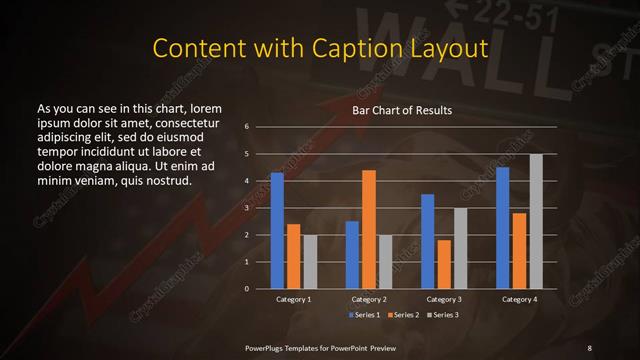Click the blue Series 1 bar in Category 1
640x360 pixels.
pyautogui.click(x=277, y=231)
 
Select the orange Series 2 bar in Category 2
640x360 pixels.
pyautogui.click(x=368, y=229)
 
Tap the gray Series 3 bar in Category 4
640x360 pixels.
pyautogui.click(x=536, y=221)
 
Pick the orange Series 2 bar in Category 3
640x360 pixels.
pyautogui.click(x=443, y=264)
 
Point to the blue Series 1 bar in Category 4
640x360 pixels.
pyautogui.click(x=502, y=228)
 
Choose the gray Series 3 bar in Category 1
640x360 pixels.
pyautogui.click(x=309, y=262)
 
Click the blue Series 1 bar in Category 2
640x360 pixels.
pyautogui.click(x=352, y=255)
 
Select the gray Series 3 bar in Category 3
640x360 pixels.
pyautogui.click(x=460, y=248)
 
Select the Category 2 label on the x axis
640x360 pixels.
pyautogui.click(x=368, y=300)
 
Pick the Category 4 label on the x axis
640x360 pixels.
pyautogui.click(x=519, y=300)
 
